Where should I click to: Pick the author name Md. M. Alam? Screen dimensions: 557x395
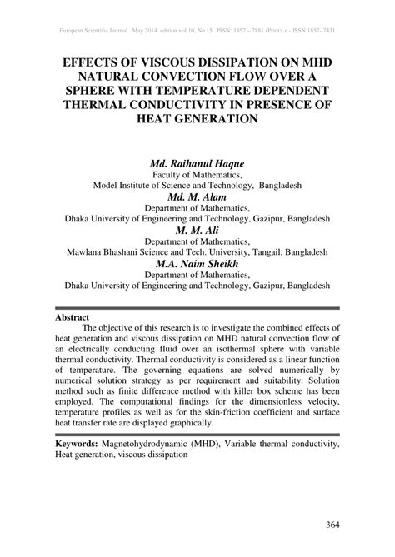pyautogui.click(x=197, y=196)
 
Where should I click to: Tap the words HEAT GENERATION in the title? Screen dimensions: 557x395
pyautogui.click(x=197, y=119)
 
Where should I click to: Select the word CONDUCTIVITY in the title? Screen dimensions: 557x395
pyautogui.click(x=198, y=104)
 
